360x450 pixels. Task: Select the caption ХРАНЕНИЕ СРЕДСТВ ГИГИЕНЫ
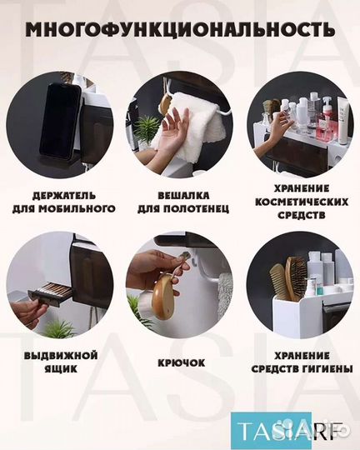[298, 361]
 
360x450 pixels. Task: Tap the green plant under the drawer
[58, 327]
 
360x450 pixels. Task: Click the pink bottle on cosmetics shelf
[325, 125]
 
